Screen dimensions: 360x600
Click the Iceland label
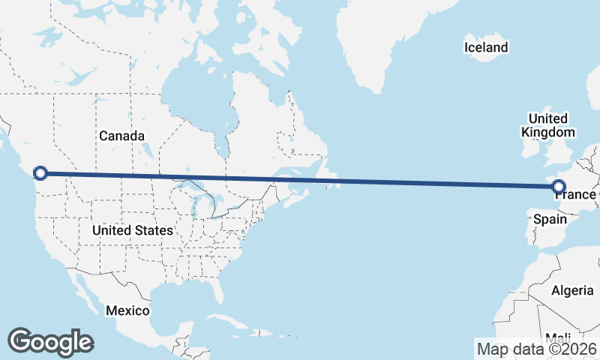[x=486, y=48]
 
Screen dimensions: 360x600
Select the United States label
[x=132, y=230]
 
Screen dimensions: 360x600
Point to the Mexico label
[x=127, y=310]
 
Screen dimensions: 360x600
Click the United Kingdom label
[x=547, y=125]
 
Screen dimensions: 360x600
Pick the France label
[x=574, y=195]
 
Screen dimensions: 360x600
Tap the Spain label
[x=550, y=220]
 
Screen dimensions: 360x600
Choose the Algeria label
[x=572, y=290]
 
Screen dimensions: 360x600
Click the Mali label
[x=558, y=337]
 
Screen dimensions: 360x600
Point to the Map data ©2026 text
[x=537, y=349]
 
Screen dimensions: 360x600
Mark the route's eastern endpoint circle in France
[x=558, y=185]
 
